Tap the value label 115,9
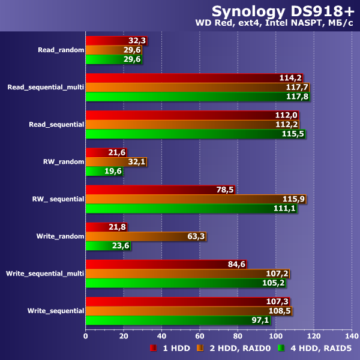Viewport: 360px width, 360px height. click(294, 199)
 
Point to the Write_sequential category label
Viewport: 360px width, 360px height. click(55, 311)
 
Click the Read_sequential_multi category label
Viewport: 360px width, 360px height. click(45, 87)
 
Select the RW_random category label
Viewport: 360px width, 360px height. click(63, 162)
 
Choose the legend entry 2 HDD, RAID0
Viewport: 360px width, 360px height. click(234, 349)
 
